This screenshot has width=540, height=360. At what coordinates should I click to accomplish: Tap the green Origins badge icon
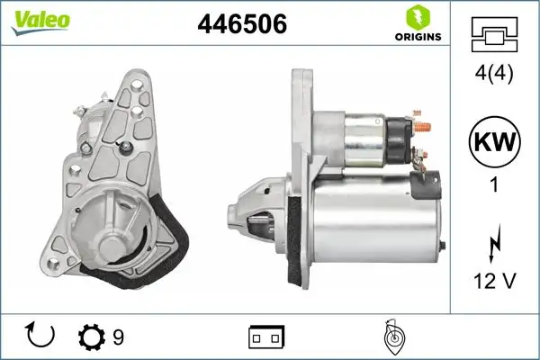click(417, 16)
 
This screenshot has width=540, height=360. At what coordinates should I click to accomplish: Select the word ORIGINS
click(417, 37)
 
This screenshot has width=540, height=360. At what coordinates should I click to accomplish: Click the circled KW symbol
click(495, 142)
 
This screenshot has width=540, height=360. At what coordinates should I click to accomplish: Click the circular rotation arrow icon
click(41, 335)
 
